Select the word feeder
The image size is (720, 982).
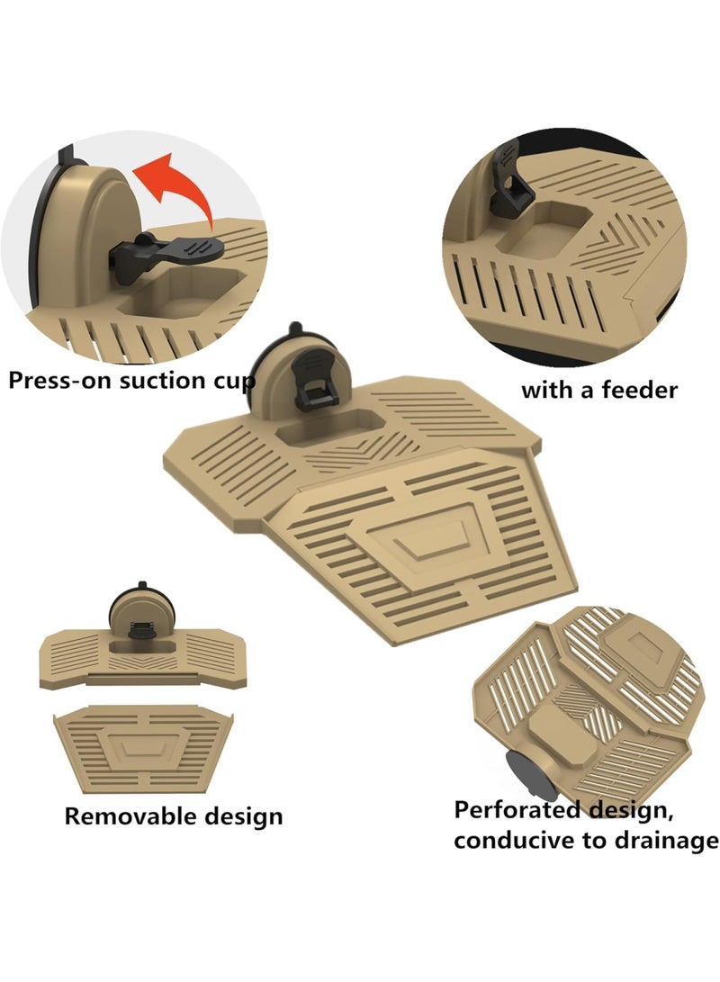coord(639,390)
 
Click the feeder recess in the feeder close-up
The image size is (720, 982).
coord(544,230)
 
